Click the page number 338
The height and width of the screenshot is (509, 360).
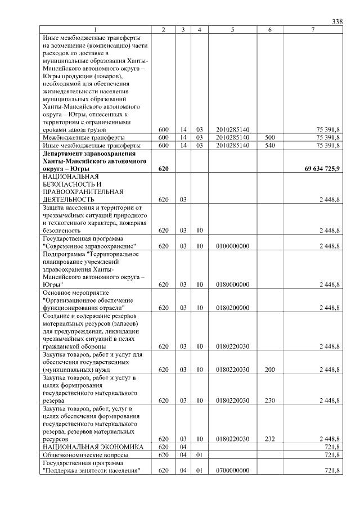337,21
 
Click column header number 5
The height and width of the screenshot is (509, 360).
232,29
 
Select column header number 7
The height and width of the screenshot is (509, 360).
313,29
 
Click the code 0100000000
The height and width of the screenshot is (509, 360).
232,246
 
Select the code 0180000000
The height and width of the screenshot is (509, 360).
232,285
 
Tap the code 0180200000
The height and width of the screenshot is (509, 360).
232,308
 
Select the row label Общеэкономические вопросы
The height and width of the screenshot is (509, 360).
85,454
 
